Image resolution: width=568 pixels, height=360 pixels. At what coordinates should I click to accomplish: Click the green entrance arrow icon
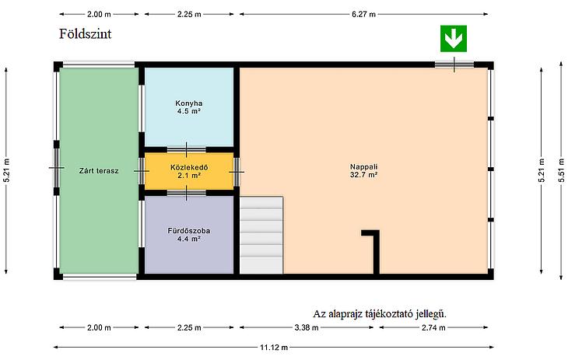(453, 38)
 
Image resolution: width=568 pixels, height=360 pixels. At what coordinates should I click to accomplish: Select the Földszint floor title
(85, 33)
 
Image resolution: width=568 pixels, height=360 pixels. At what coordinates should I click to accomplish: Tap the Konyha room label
(189, 103)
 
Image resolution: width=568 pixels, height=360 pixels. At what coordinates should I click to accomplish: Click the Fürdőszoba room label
(189, 231)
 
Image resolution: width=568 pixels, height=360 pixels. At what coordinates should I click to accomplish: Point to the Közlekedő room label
(189, 167)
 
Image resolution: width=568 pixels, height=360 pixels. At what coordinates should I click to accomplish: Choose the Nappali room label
(363, 166)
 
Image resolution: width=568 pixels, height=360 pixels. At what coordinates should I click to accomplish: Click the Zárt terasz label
(99, 170)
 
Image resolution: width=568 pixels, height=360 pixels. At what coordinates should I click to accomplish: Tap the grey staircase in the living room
(261, 235)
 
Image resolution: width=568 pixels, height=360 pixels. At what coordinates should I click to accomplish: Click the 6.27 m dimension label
(363, 14)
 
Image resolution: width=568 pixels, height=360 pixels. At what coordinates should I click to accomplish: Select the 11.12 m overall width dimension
(274, 348)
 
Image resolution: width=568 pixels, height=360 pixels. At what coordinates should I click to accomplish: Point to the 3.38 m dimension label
(307, 328)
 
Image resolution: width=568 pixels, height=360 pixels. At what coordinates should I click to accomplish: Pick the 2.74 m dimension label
(433, 328)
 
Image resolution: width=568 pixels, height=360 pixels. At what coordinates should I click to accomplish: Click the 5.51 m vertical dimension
(561, 170)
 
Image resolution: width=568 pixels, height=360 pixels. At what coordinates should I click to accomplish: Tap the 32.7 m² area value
(363, 175)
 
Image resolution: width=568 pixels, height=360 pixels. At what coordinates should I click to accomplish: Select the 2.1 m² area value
(189, 175)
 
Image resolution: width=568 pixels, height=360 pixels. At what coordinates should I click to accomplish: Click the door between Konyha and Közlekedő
(186, 149)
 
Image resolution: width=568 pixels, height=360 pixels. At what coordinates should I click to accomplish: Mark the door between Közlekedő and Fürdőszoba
(186, 193)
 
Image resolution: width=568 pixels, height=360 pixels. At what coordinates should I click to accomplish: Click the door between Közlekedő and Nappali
(237, 172)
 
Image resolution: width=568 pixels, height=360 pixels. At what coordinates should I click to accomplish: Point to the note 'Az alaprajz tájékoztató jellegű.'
(380, 313)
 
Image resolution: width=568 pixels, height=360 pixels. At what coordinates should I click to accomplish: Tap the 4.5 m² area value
(189, 111)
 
